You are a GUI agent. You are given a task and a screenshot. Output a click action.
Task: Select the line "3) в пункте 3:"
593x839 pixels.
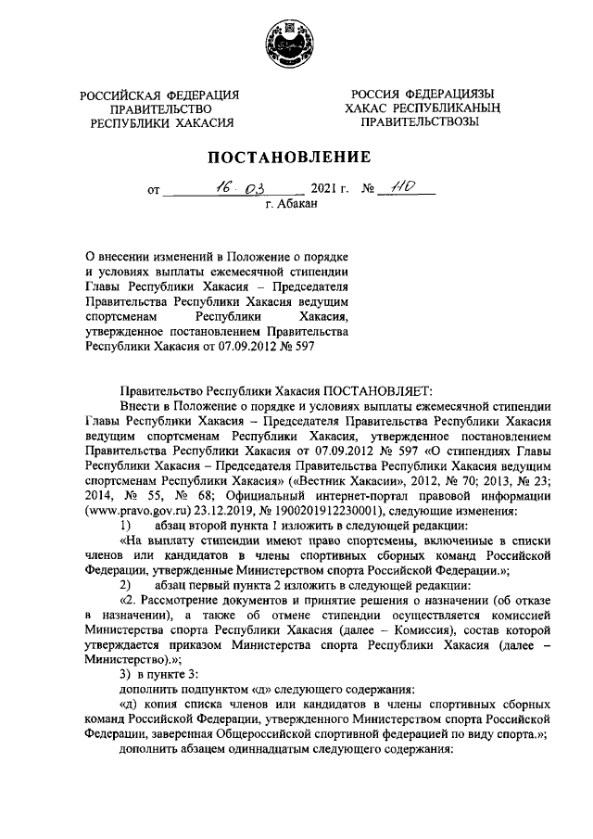coord(162,680)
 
